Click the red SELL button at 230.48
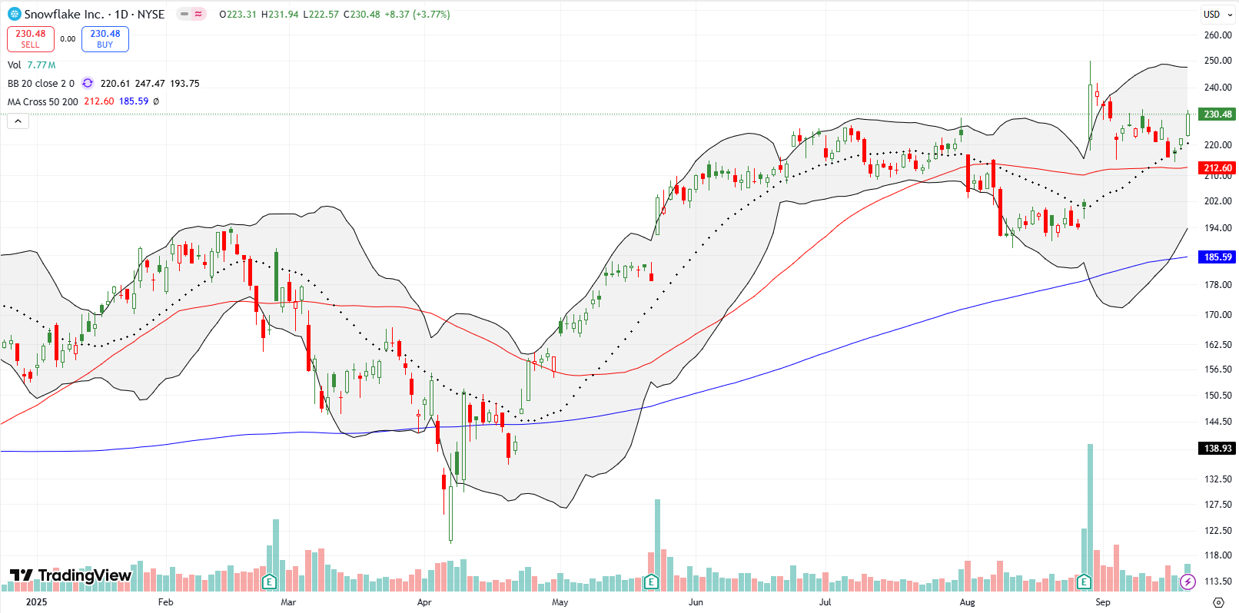coord(30,39)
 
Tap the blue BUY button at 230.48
coord(105,39)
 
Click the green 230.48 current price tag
coord(1217,114)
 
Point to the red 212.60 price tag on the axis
coord(1217,167)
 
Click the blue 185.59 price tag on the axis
coord(1217,257)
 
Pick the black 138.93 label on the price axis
coord(1217,448)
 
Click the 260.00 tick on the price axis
coord(1217,35)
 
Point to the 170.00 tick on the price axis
coord(1217,314)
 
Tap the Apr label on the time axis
coord(424,602)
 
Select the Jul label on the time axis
coord(825,602)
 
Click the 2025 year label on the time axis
coord(36,602)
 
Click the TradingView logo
coord(71,575)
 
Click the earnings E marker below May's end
coord(651,582)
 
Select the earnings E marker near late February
coord(269,582)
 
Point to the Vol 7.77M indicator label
coord(32,65)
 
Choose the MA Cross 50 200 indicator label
coord(43,101)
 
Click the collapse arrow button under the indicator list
coord(18,121)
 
